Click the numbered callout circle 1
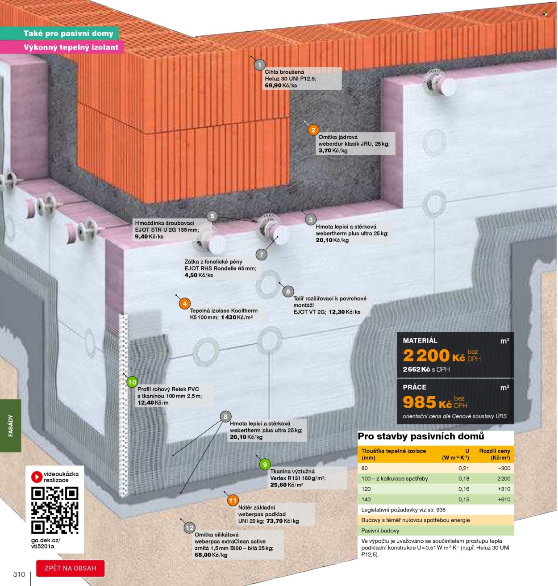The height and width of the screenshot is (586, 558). coord(259,65)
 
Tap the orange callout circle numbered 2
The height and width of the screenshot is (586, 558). coord(313,130)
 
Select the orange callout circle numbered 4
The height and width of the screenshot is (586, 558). coord(185,304)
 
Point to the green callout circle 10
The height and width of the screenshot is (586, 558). coord(132,382)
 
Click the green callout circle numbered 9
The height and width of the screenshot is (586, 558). coord(265,464)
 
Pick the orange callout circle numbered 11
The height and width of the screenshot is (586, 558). coord(233,500)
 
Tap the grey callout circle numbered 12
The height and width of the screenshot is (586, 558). coord(189,528)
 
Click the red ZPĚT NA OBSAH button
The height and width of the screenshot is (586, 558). coord(71,568)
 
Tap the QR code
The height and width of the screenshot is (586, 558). coord(55,510)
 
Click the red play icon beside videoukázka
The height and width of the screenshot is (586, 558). coord(37,477)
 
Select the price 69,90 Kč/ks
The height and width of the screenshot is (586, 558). coord(281,86)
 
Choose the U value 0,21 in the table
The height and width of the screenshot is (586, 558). coord(463,468)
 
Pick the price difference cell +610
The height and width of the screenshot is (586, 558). coord(504,499)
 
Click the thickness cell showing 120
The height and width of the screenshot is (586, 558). coord(366,489)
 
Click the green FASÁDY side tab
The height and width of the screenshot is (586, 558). coord(10,425)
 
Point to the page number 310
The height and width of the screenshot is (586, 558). coord(19,574)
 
